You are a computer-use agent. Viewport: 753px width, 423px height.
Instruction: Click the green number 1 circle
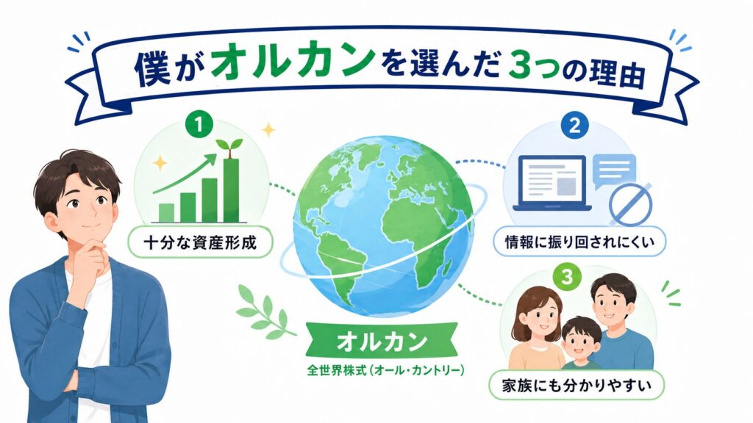pos(199,125)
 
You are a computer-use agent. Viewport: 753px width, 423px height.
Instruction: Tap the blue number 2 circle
pos(574,125)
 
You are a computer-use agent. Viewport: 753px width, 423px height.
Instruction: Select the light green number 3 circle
pos(567,277)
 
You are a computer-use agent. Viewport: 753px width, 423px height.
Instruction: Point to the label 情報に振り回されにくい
pos(579,241)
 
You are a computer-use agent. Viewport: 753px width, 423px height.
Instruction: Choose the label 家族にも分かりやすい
pos(577,386)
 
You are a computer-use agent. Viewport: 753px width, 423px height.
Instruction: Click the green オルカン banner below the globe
pos(382,342)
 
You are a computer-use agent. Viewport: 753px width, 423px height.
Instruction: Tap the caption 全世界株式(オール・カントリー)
pos(385,371)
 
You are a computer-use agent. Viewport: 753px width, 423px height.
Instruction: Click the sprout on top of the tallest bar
pos(229,147)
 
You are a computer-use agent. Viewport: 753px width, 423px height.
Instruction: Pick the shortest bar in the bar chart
pos(166,213)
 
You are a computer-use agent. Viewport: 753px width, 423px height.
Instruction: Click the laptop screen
pos(552,181)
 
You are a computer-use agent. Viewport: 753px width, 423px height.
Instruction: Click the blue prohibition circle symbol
pos(630,204)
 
